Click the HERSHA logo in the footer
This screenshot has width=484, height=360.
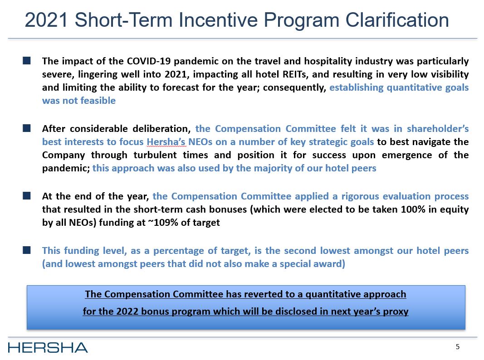[x=48, y=348]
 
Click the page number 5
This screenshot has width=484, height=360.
[x=458, y=347]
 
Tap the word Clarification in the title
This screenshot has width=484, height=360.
[x=397, y=20]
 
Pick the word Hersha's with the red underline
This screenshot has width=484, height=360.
[x=167, y=142]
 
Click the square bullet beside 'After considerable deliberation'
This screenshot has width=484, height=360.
[x=27, y=129]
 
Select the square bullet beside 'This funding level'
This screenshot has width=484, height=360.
[x=27, y=250]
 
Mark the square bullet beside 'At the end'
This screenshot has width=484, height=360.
[x=27, y=196]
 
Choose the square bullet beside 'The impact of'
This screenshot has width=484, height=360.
[x=27, y=60]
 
